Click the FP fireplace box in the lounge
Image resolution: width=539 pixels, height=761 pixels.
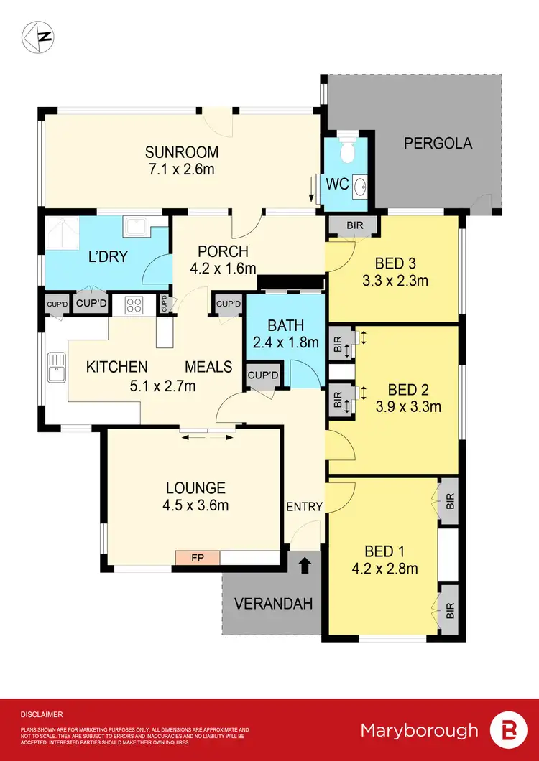198,557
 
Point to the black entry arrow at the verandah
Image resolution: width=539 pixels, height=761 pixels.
305,565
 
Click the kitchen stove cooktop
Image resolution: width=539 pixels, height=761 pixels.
134,306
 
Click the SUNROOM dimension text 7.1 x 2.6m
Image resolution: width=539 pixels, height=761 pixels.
181,169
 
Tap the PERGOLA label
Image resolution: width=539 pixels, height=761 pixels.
438,143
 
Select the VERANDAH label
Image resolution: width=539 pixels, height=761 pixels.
272,604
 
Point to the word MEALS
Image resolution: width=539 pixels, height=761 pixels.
208,367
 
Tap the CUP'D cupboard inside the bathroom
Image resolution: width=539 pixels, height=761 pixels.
259,374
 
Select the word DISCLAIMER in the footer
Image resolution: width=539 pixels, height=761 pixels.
42,714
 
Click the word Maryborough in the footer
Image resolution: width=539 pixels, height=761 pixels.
419,730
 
